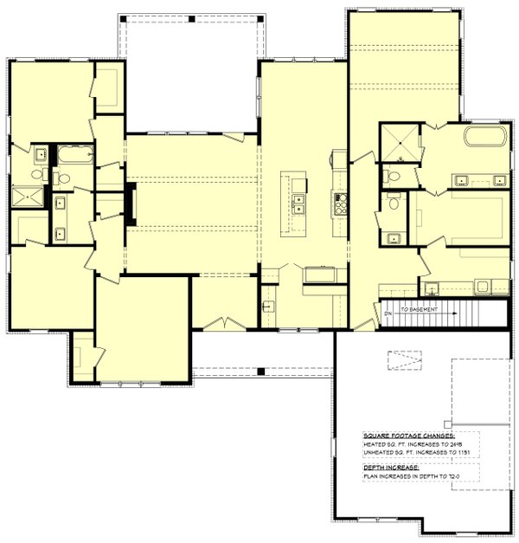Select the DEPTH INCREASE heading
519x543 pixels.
(x=389, y=466)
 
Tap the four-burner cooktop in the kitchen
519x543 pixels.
(x=339, y=204)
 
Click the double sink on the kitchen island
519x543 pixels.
(x=298, y=204)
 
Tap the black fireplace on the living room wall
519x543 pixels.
(x=130, y=204)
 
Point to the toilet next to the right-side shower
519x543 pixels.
(x=394, y=176)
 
